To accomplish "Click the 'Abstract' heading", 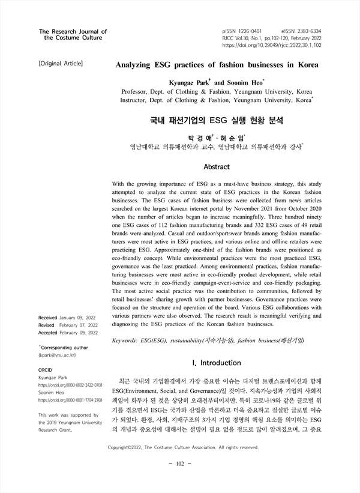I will click(x=217, y=166).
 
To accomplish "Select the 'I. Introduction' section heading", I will click(x=217, y=363).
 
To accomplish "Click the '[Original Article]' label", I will click(x=60, y=62).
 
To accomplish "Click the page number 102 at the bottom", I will click(x=179, y=465).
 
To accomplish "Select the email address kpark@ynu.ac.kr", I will click(x=56, y=355).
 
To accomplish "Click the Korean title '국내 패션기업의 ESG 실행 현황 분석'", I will click(x=216, y=120).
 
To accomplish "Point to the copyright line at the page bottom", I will click(x=182, y=447).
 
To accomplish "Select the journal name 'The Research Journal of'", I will click(x=73, y=31).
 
